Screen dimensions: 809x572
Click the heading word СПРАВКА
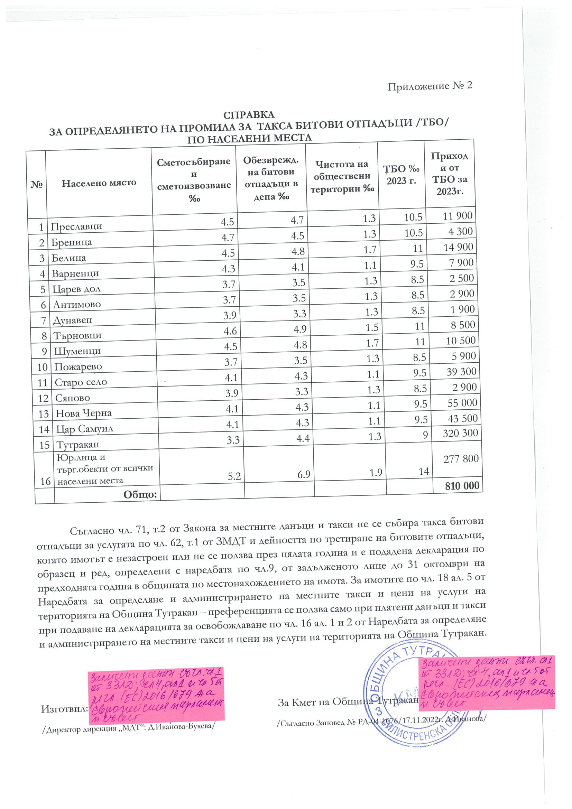click(248, 115)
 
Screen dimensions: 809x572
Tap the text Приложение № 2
click(430, 86)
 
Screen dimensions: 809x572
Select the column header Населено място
click(99, 183)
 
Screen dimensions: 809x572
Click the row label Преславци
click(76, 226)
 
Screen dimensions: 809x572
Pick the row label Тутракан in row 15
click(78, 444)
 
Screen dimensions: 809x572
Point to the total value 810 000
click(462, 486)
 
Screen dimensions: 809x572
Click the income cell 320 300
click(460, 433)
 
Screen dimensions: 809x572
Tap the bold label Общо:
click(140, 494)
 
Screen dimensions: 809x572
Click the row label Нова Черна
click(84, 413)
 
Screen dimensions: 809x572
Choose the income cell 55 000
click(462, 403)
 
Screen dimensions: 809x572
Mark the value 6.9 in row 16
click(303, 474)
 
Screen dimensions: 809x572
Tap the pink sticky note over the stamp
click(487, 682)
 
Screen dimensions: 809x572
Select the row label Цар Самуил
click(85, 429)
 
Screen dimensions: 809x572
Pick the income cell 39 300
click(461, 372)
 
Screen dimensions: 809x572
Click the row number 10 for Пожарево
click(42, 367)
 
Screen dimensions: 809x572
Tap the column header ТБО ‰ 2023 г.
click(401, 175)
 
